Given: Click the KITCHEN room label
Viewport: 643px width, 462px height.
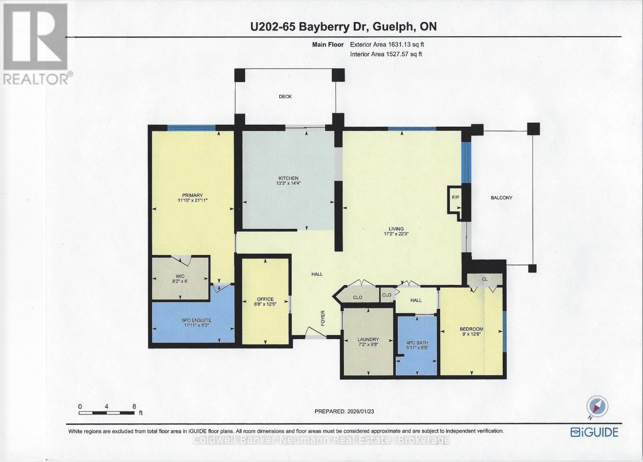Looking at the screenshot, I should click(289, 178).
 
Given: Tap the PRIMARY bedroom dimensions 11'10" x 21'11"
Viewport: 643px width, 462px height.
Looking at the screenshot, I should click(192, 200).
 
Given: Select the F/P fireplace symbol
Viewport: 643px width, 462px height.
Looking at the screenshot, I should click(455, 197).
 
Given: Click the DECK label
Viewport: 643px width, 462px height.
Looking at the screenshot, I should click(285, 97).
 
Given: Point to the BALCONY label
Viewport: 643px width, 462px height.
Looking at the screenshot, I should click(501, 197).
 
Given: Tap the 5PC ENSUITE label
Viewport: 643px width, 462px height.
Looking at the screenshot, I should click(196, 320).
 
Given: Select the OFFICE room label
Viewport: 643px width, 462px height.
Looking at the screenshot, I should click(265, 299).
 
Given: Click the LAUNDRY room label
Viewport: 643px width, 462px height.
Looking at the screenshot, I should click(368, 339).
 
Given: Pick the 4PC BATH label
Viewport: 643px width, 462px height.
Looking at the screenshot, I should click(417, 343).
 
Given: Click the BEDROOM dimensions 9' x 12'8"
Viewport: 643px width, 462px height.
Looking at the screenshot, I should click(471, 334).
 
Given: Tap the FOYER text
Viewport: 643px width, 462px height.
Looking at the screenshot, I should click(322, 318).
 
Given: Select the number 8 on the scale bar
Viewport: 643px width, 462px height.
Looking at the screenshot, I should click(134, 406).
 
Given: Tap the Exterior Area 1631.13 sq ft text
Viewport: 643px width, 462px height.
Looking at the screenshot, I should click(387, 45).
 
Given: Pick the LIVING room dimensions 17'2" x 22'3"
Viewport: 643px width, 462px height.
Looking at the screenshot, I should click(396, 234).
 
